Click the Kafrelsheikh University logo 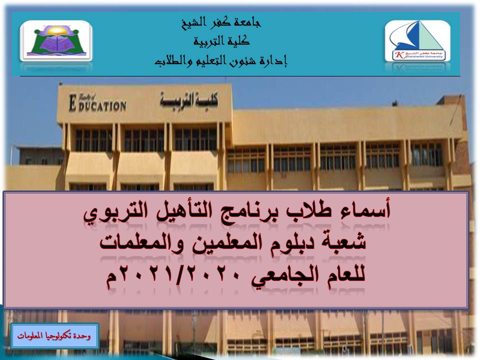point(417,41)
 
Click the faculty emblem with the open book point(56,41)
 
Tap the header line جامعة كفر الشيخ point(220,22)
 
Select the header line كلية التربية point(220,41)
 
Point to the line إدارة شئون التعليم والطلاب point(220,61)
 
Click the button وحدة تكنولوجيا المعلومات point(54,336)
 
